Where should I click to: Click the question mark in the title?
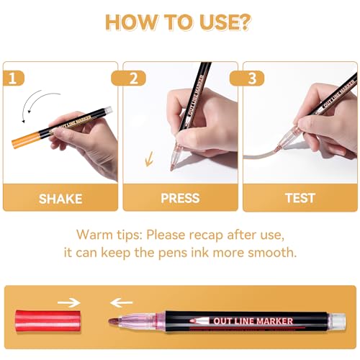click(x=246, y=21)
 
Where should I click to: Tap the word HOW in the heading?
click(x=132, y=21)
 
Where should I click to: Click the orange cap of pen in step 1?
click(x=22, y=139)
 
